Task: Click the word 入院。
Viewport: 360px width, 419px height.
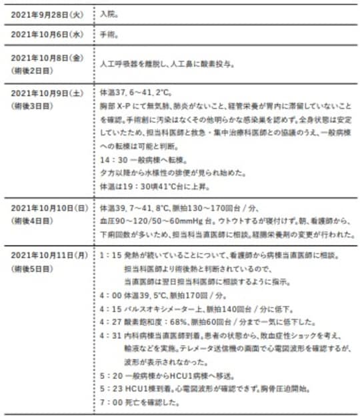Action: point(108,13)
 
